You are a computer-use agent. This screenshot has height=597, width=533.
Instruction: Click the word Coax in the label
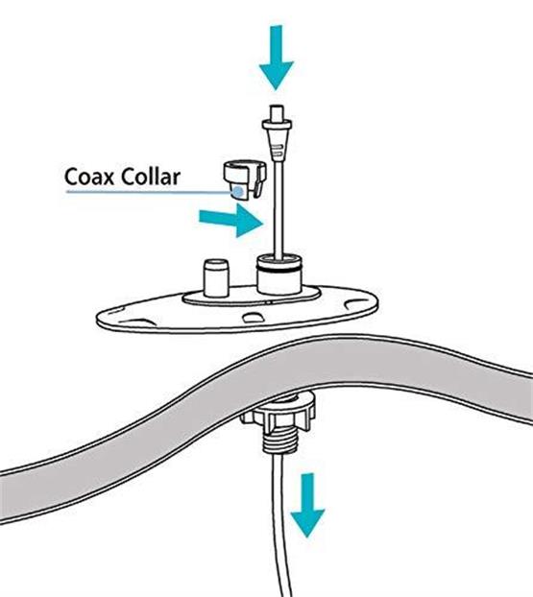click(88, 177)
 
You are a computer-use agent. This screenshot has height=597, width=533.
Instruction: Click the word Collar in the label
click(151, 177)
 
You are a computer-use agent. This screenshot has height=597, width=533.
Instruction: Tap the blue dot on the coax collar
click(238, 192)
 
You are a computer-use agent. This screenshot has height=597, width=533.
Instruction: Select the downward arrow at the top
click(277, 58)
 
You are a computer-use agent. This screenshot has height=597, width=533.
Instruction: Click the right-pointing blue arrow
click(231, 221)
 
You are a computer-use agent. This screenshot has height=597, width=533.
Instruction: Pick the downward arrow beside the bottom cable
click(307, 505)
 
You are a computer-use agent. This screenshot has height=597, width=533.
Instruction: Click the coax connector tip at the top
click(277, 112)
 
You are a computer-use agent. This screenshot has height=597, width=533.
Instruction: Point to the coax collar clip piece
click(244, 179)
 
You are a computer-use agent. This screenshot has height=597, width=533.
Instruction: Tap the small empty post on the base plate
click(216, 278)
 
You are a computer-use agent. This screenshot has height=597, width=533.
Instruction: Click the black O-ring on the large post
click(279, 269)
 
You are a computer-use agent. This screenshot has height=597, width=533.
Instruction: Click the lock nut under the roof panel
click(279, 414)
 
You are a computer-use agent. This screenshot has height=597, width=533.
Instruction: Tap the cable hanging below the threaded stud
click(281, 525)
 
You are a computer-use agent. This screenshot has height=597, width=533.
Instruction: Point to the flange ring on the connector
click(277, 125)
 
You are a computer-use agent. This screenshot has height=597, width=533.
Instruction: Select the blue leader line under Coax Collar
click(150, 192)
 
